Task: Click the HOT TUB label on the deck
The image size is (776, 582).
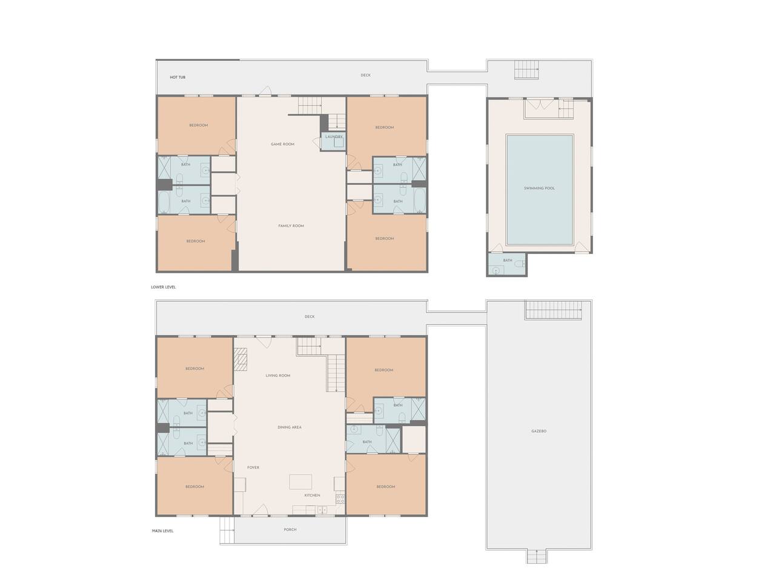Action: pyautogui.click(x=177, y=77)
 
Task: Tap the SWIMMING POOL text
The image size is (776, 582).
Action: pyautogui.click(x=539, y=188)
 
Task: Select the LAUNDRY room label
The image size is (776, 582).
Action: pyautogui.click(x=333, y=136)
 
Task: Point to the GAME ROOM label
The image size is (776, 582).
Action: pyautogui.click(x=282, y=144)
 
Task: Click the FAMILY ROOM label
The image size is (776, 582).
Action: pyautogui.click(x=291, y=226)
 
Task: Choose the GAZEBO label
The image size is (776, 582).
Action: pyautogui.click(x=539, y=431)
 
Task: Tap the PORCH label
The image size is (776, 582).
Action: pyautogui.click(x=290, y=529)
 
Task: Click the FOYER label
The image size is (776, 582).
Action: pyautogui.click(x=253, y=467)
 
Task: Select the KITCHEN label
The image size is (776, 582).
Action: pyautogui.click(x=312, y=495)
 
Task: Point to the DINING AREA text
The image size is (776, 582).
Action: pyautogui.click(x=289, y=427)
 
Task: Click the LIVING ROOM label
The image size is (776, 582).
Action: pyautogui.click(x=277, y=375)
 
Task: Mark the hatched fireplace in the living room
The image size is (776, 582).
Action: pyautogui.click(x=240, y=359)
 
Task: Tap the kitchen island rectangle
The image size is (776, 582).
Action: pyautogui.click(x=300, y=481)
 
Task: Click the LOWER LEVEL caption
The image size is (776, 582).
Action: pyautogui.click(x=163, y=287)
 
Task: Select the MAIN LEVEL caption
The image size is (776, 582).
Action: pyautogui.click(x=162, y=530)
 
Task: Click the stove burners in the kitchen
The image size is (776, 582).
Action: pyautogui.click(x=340, y=499)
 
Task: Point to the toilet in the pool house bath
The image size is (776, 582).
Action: pyautogui.click(x=519, y=264)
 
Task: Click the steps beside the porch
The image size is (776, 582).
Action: pyautogui.click(x=227, y=530)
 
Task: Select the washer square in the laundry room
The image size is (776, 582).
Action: pyautogui.click(x=339, y=142)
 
